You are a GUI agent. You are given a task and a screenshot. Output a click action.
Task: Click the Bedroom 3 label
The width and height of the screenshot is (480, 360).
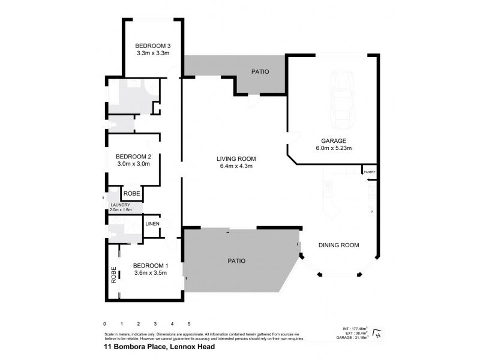[x=153, y=46]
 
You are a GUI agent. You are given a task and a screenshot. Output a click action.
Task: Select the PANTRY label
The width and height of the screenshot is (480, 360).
[x=368, y=172]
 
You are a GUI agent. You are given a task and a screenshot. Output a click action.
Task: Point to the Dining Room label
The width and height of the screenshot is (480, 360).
[x=339, y=245]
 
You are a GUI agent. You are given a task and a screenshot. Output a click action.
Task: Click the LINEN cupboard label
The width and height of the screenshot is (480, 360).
[x=152, y=224]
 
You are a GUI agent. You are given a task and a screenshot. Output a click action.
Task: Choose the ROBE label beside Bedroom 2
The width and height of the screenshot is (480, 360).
[x=131, y=194]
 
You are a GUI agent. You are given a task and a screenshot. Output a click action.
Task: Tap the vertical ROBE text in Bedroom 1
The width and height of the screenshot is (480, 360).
[x=113, y=275]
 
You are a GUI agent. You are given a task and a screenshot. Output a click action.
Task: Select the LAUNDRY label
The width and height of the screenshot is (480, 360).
[x=119, y=205]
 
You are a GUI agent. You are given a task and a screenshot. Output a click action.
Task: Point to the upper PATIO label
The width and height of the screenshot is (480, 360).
[x=259, y=72]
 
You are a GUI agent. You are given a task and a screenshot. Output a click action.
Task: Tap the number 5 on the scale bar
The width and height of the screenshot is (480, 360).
[x=189, y=324]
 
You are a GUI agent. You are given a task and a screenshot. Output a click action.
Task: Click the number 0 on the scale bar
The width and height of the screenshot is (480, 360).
[x=105, y=324]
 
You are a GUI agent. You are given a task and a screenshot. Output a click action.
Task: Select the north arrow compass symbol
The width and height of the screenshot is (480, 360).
[x=377, y=333]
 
